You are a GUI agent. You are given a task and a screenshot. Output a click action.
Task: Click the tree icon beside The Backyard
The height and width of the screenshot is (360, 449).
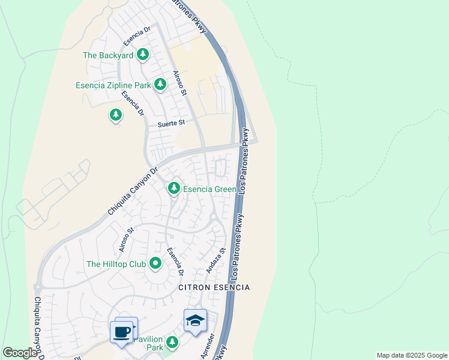[x=143, y=55]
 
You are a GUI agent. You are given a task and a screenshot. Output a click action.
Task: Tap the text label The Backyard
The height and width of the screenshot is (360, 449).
[x=108, y=55]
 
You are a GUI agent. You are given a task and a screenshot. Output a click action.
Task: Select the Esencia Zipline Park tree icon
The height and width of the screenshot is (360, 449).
[x=160, y=85]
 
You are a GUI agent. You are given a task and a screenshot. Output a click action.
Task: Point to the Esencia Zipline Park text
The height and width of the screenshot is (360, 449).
[x=113, y=85]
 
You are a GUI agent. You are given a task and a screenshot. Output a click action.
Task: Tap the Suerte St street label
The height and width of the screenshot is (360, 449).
[x=171, y=124]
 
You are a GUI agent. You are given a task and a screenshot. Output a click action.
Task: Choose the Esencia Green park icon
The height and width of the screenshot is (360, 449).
[x=174, y=188]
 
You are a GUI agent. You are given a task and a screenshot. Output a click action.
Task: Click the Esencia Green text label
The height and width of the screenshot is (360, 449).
[x=209, y=189]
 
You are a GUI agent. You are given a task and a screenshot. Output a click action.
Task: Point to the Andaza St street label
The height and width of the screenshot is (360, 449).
[x=216, y=261]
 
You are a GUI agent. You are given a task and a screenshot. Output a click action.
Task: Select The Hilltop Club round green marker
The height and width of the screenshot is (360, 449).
[x=155, y=263]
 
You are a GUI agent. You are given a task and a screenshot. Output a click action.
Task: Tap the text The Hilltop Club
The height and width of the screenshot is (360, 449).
[x=116, y=264]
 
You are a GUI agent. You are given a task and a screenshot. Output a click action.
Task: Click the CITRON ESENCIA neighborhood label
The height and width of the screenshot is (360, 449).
[x=214, y=288]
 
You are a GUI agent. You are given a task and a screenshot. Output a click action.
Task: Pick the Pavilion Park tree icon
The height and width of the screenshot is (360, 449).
[x=173, y=342]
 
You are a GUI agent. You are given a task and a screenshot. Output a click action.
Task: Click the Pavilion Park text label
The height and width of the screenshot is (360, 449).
[x=148, y=343]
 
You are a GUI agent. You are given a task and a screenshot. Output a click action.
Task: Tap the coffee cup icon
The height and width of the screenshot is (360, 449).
[x=122, y=331]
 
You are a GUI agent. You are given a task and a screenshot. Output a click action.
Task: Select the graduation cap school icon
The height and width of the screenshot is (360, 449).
[x=195, y=321]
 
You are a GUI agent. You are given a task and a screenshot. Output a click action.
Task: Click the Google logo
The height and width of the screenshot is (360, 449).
[x=20, y=353]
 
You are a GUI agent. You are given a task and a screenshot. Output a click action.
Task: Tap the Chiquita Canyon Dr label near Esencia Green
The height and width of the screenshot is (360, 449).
[x=132, y=190]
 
